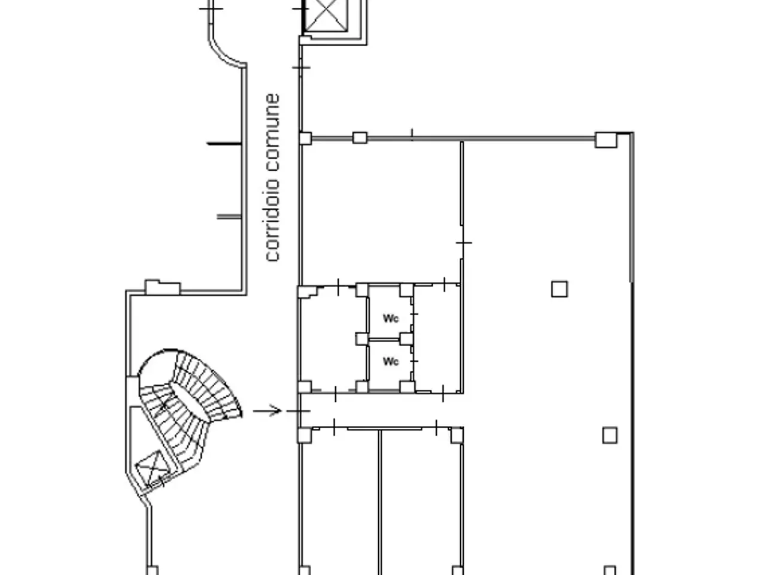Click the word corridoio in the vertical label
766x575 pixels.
pyautogui.click(x=272, y=220)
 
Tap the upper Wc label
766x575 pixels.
pyautogui.click(x=390, y=318)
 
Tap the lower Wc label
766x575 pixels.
pyautogui.click(x=390, y=361)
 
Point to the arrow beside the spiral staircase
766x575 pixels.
pyautogui.click(x=267, y=410)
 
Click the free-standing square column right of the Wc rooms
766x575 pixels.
pyautogui.click(x=559, y=289)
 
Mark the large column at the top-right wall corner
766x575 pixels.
pyautogui.click(x=606, y=140)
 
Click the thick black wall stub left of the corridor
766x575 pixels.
pyautogui.click(x=224, y=143)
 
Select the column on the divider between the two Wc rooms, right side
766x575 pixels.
pyautogui.click(x=406, y=338)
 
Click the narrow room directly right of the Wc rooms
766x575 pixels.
pyautogui.click(x=437, y=337)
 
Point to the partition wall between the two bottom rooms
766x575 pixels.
pyautogui.click(x=379, y=502)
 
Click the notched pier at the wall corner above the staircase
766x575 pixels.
pyautogui.click(x=163, y=287)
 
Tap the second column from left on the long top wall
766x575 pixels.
pyautogui.click(x=360, y=138)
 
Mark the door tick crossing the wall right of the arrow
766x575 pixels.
pyautogui.click(x=299, y=411)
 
